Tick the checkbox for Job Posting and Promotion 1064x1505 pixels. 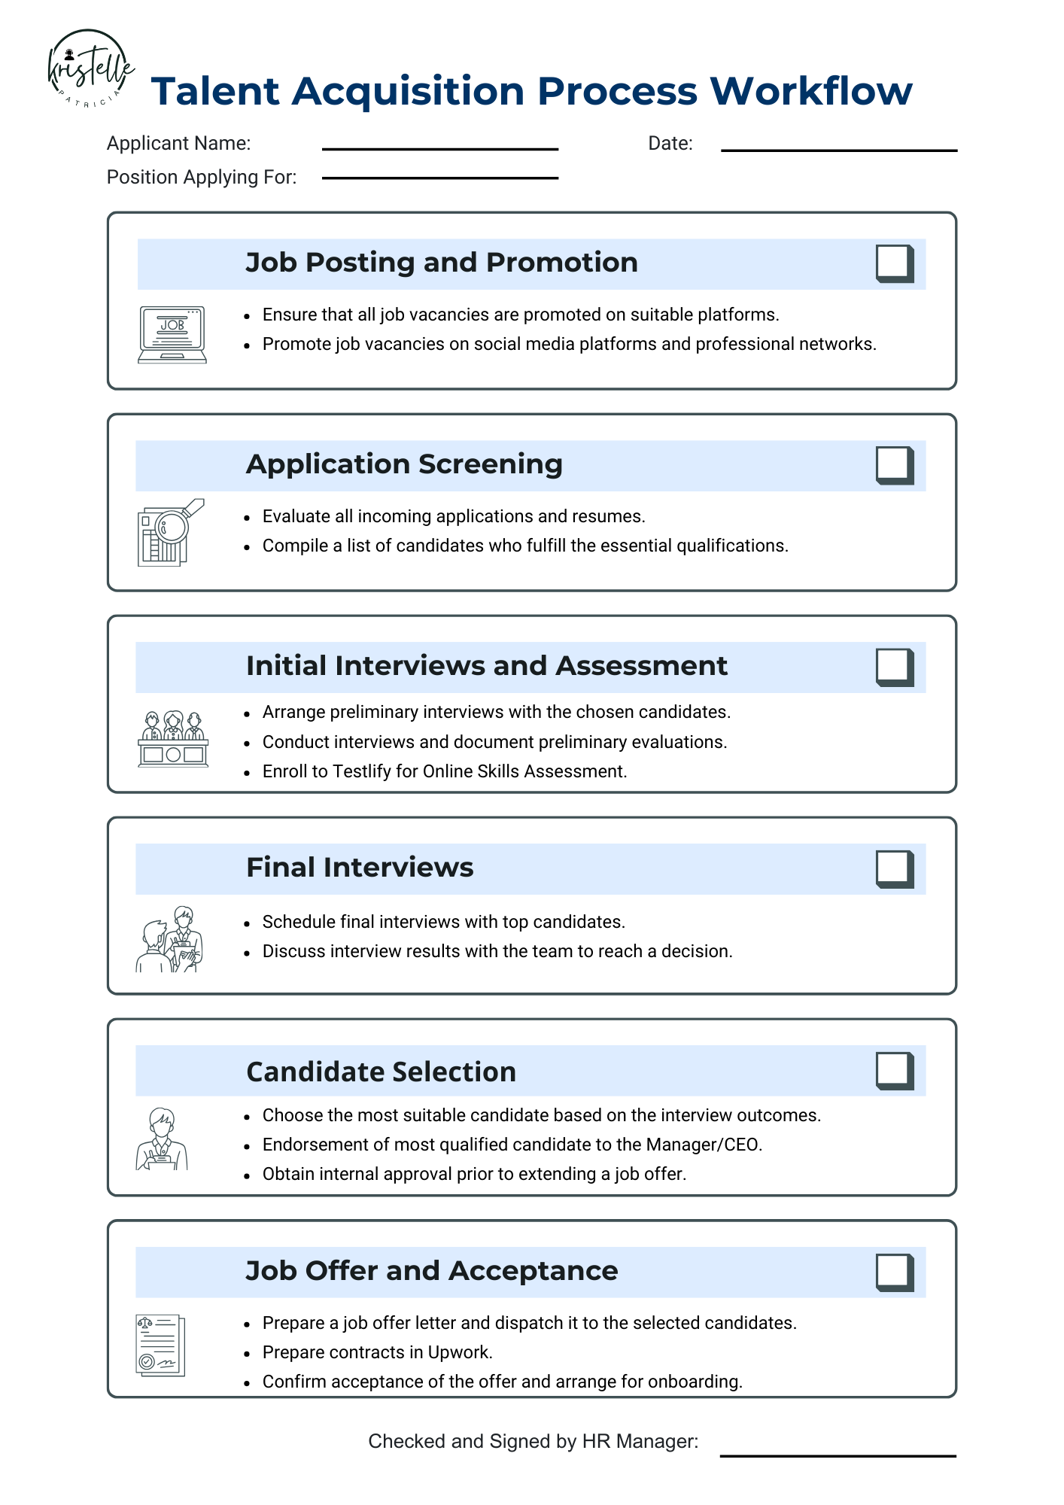click(x=894, y=263)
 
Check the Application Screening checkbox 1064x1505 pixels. click(x=894, y=465)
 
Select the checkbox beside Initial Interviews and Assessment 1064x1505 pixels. click(x=894, y=667)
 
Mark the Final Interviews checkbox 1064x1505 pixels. click(x=894, y=868)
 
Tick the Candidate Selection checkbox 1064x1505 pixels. click(x=894, y=1070)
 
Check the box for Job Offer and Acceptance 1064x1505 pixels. click(x=894, y=1272)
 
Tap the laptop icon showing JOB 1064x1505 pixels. click(x=172, y=334)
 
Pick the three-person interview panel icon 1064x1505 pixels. click(x=173, y=738)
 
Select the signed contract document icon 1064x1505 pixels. click(x=160, y=1345)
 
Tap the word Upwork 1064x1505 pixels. click(x=459, y=1352)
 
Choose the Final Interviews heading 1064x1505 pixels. click(x=360, y=868)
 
